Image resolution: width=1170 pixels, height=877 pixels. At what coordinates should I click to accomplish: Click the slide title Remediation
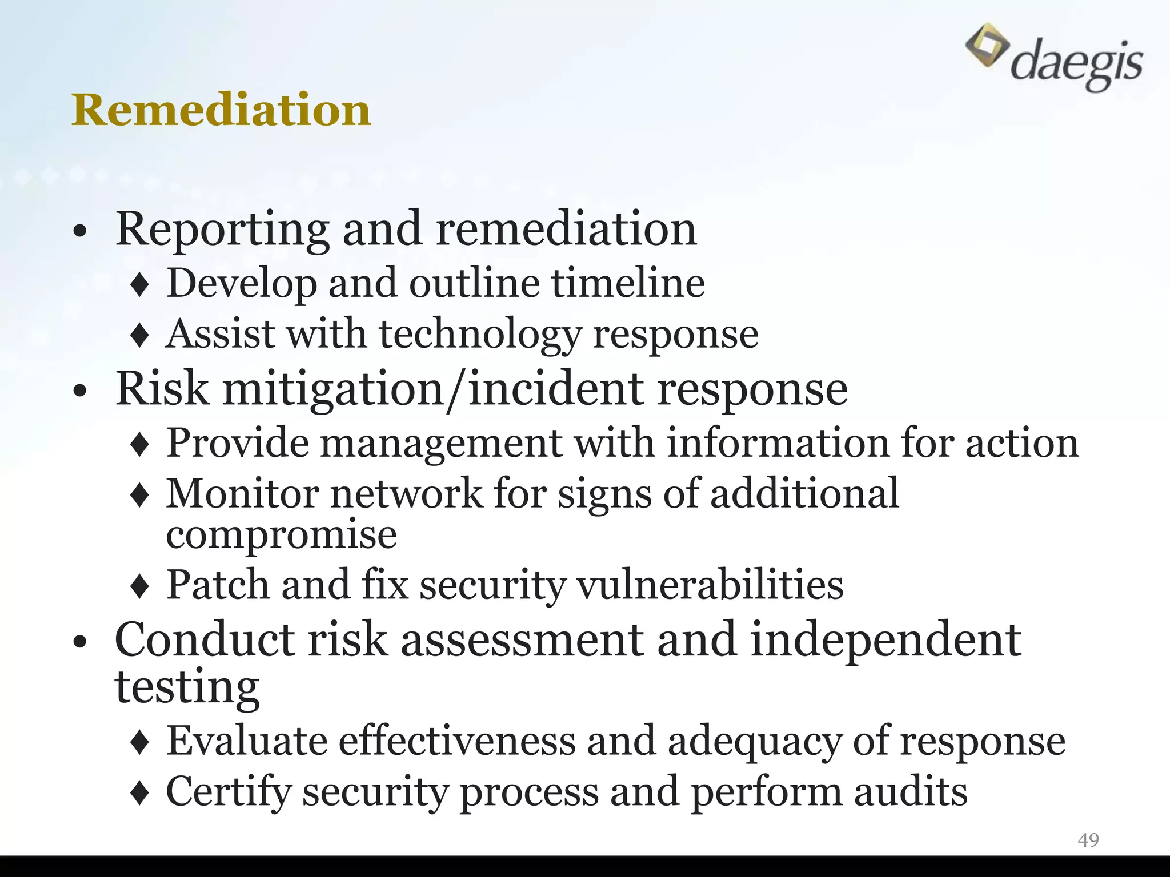click(221, 110)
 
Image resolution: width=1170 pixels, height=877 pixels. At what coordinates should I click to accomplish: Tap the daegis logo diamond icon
click(987, 45)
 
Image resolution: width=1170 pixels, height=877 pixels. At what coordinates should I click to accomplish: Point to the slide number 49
click(1088, 839)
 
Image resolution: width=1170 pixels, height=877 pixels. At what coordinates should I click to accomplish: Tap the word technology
click(480, 334)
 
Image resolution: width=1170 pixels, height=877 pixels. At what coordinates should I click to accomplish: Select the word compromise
click(281, 535)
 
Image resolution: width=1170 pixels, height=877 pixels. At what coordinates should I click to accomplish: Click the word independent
click(885, 640)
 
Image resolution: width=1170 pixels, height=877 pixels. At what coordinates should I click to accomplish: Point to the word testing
click(187, 686)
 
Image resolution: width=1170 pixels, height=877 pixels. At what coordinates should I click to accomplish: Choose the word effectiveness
click(457, 741)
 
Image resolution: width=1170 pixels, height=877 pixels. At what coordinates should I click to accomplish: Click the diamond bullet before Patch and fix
click(140, 586)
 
